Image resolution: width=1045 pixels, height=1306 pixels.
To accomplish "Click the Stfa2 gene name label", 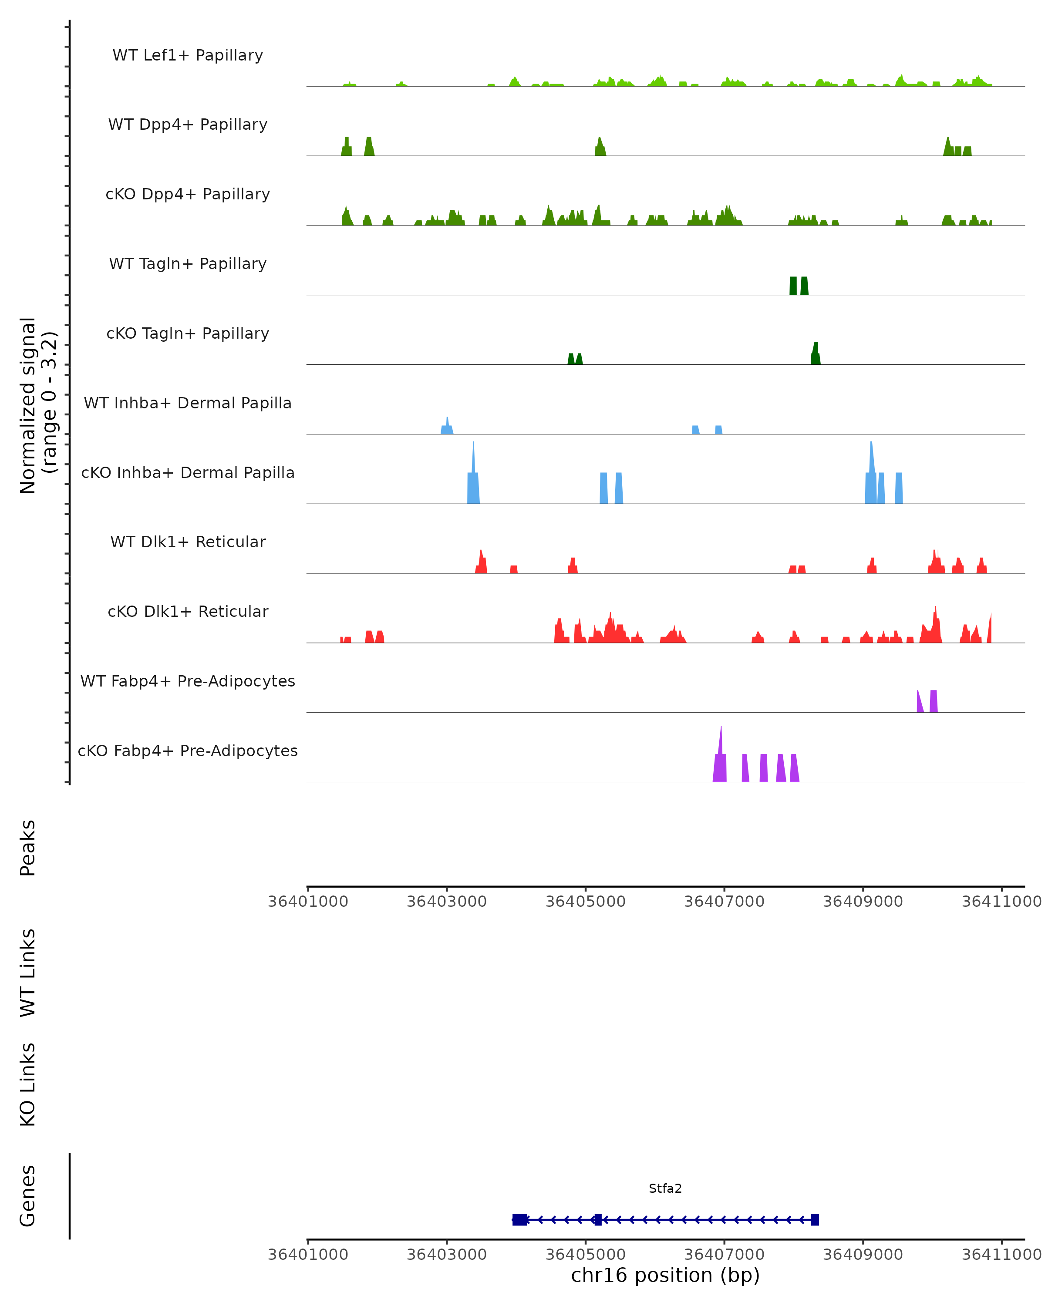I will pos(664,1188).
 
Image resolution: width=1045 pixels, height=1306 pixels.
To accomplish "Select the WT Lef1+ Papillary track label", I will pos(188,55).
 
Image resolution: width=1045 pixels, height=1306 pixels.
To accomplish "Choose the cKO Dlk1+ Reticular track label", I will pos(188,611).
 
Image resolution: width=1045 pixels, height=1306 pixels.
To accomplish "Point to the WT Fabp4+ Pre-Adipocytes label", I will pos(188,681).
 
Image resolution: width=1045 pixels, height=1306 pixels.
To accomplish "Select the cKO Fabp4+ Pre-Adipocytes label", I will pos(188,751).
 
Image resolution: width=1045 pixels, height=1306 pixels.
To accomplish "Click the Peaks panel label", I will pos(28,848).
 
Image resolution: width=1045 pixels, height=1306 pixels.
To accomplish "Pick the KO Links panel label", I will pos(28,1084).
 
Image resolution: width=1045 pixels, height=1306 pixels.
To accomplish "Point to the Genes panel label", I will pos(28,1196).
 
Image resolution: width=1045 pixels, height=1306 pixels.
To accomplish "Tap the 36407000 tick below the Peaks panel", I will pos(724,902).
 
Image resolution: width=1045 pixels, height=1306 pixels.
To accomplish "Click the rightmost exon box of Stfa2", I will pos(815,1219).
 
